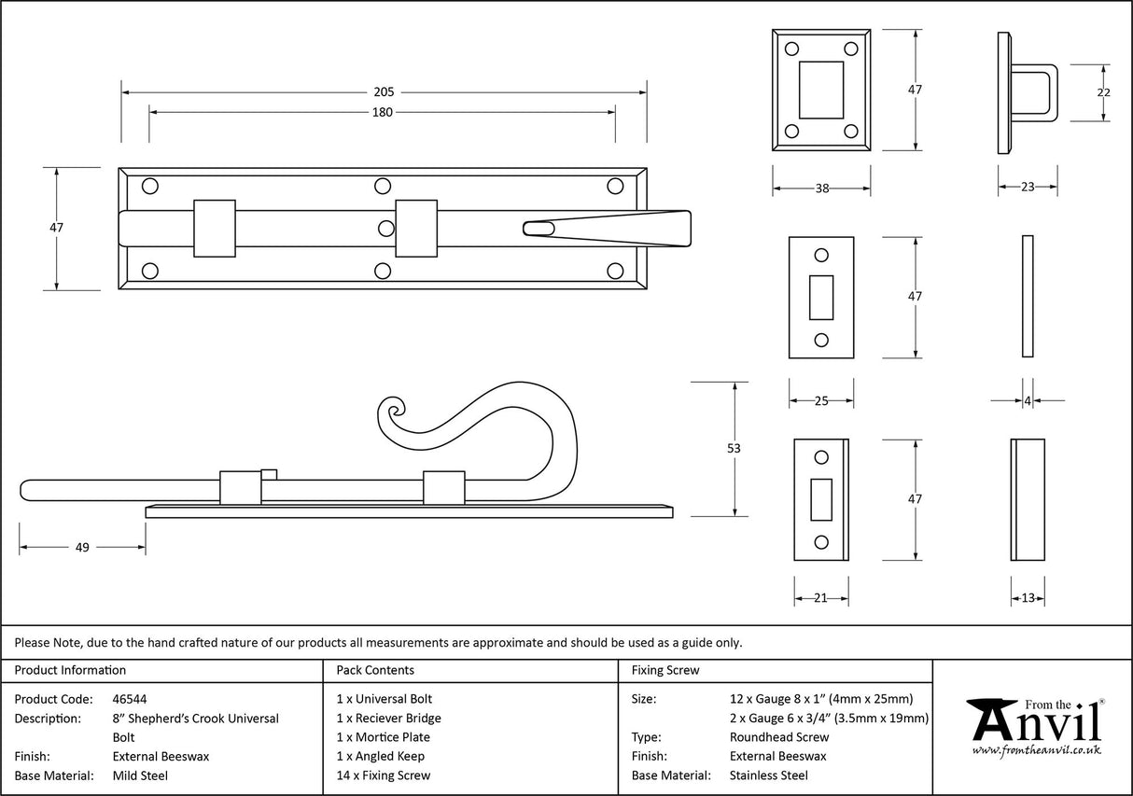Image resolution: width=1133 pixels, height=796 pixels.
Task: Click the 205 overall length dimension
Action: [x=384, y=92]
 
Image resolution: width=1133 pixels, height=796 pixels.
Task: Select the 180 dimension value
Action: [x=382, y=113]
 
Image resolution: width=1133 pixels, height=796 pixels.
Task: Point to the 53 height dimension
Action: [x=734, y=449]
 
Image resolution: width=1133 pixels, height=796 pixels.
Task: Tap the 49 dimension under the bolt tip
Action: [x=82, y=548]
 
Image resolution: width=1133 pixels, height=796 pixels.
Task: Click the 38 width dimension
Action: [x=821, y=189]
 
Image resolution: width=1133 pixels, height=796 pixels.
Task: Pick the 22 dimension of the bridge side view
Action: [x=1103, y=92]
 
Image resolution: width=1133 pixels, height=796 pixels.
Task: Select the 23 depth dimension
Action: [x=1027, y=188]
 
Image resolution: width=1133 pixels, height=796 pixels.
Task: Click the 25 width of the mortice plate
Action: [x=821, y=401]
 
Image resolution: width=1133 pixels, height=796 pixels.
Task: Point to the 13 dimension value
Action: [x=1028, y=598]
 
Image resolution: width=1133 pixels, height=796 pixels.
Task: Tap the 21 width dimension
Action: [x=820, y=598]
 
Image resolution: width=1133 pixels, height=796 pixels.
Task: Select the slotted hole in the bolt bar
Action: [x=539, y=228]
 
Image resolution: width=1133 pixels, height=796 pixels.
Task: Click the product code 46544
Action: [x=129, y=699]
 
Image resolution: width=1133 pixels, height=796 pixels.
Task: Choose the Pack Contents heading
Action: [x=375, y=670]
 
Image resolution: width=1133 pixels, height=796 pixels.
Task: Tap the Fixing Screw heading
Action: [x=664, y=670]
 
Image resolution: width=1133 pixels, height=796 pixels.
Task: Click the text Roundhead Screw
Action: [x=778, y=737]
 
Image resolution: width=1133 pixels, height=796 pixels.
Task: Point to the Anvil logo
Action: [x=1034, y=726]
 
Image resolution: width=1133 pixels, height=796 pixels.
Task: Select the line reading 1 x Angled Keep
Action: [x=380, y=756]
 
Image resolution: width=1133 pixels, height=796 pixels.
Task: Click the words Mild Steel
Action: [x=140, y=775]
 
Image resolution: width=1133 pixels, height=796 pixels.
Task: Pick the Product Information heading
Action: [x=70, y=670]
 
